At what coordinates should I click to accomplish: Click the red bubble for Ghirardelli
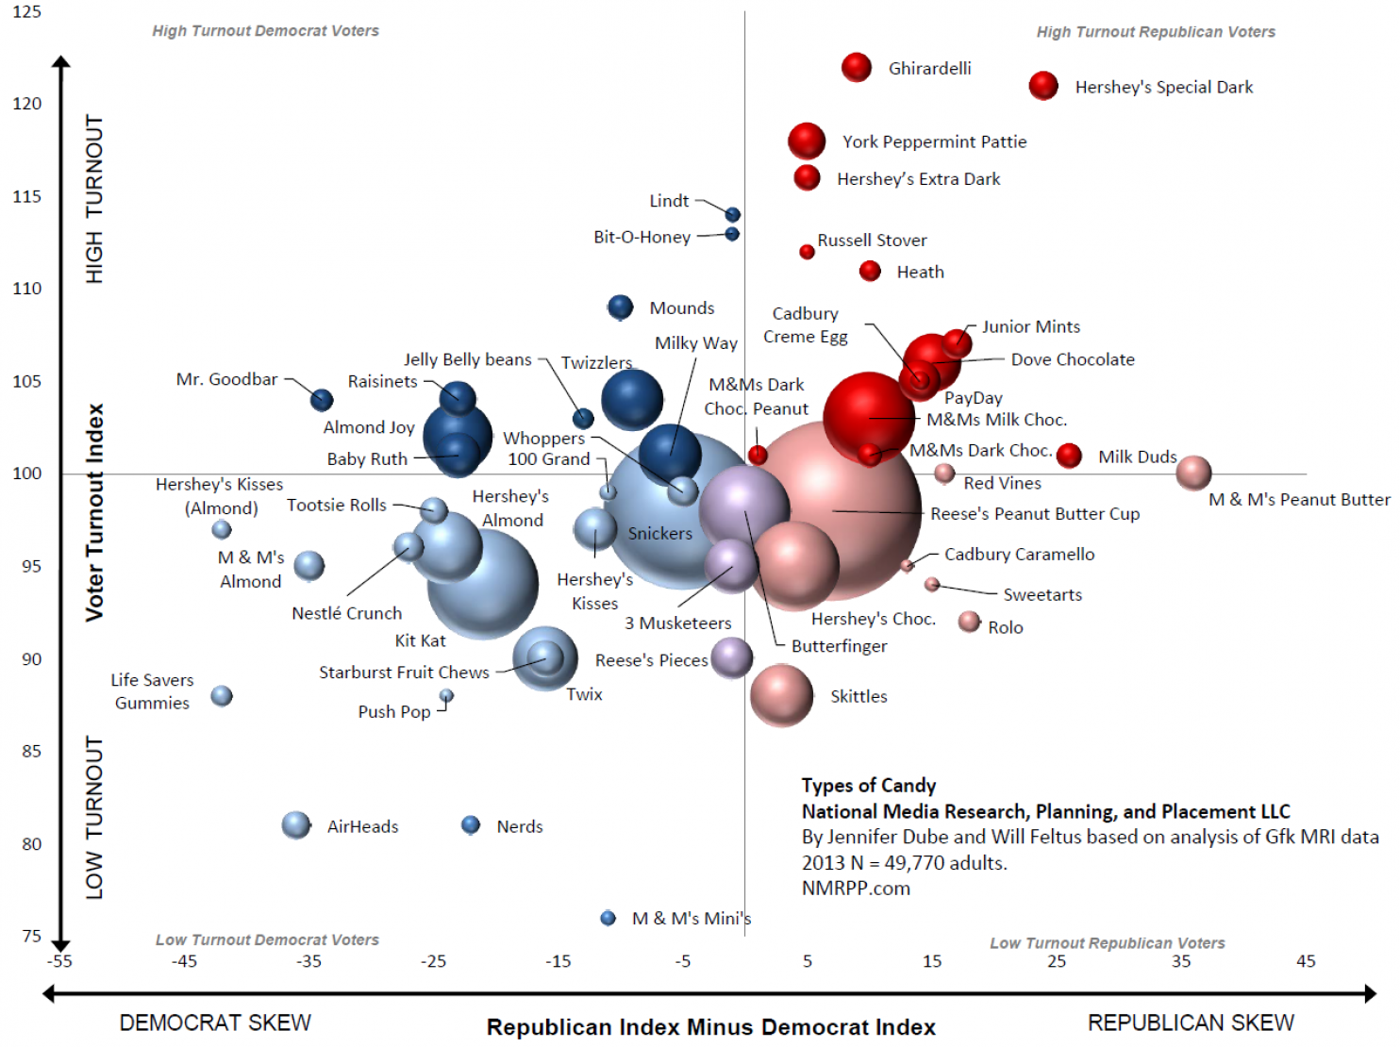pyautogui.click(x=856, y=68)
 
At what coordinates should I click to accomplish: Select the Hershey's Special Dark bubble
pyautogui.click(x=1042, y=86)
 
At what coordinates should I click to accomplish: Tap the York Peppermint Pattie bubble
pyautogui.click(x=807, y=141)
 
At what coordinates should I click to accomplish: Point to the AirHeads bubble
pyautogui.click(x=296, y=825)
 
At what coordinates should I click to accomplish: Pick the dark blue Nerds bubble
pyautogui.click(x=470, y=825)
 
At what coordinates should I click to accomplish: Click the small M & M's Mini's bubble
pyautogui.click(x=608, y=918)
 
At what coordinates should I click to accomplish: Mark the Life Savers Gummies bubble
pyautogui.click(x=222, y=696)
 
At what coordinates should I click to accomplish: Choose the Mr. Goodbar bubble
pyautogui.click(x=322, y=400)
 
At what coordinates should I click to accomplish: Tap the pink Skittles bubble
pyautogui.click(x=781, y=695)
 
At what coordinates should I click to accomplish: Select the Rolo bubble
pyautogui.click(x=969, y=622)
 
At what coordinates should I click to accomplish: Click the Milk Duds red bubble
pyautogui.click(x=1068, y=456)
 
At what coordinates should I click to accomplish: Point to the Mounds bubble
pyautogui.click(x=620, y=307)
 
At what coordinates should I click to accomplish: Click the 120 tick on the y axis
pyautogui.click(x=27, y=104)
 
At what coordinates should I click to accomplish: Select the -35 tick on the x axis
pyautogui.click(x=308, y=961)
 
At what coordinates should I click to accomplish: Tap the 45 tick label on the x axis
pyautogui.click(x=1306, y=961)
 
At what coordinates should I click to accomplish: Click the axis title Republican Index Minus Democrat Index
pyautogui.click(x=710, y=1027)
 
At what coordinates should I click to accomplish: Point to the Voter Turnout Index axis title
pyautogui.click(x=94, y=512)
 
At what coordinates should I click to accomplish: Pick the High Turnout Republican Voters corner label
pyautogui.click(x=1155, y=32)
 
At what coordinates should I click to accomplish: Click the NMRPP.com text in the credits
pyautogui.click(x=856, y=889)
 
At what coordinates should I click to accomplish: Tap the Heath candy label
pyautogui.click(x=920, y=273)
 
